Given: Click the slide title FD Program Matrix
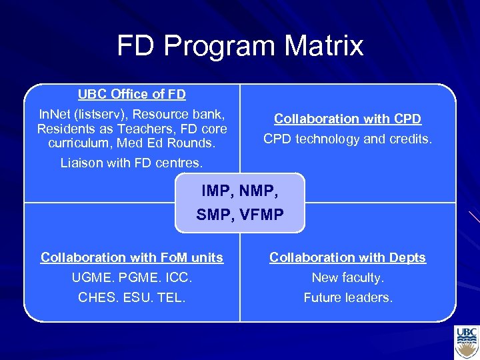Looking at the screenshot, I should pos(240,46).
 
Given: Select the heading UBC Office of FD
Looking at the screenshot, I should pos(132,95).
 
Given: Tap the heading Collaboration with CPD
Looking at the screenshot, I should pos(347,119).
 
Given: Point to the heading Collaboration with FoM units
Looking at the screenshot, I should pos(132,257).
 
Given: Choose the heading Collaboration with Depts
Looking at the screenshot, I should pos(347,257).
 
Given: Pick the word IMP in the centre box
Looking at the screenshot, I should pos(215,191).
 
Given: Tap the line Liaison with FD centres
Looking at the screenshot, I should pos(132,162).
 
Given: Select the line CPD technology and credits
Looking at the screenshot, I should pos(347,139).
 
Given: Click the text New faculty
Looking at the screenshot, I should pos(347,277).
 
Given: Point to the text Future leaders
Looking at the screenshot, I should pos(347,297).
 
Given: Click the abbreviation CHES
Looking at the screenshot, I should pos(97,297).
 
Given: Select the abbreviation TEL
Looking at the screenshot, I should pos(171,297).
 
